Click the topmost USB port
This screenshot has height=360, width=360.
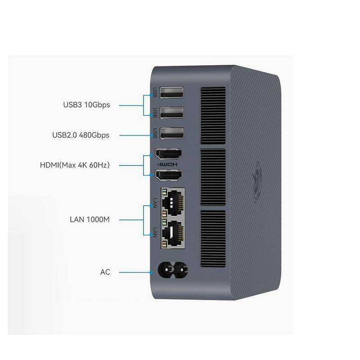(x=171, y=92)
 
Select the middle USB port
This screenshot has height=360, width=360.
(x=171, y=112)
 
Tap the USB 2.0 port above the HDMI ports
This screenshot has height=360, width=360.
(x=171, y=133)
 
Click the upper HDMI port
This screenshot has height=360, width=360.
(x=168, y=153)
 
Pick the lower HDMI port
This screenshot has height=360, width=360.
(x=168, y=175)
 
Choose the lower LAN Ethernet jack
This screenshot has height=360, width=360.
(x=173, y=233)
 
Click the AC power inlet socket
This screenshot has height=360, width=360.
(x=172, y=270)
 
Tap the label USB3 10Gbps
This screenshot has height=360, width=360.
(x=86, y=105)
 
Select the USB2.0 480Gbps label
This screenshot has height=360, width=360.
(x=81, y=135)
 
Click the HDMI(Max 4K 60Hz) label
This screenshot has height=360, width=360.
(x=75, y=165)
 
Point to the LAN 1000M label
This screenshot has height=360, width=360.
(x=90, y=220)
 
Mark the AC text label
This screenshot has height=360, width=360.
(x=105, y=272)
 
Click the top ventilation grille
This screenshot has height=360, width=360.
(x=213, y=116)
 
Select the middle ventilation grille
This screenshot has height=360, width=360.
(x=213, y=177)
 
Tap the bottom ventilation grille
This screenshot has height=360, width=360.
(x=213, y=238)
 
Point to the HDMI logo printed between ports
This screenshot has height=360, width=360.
(x=167, y=164)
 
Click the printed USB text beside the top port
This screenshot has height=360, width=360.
(x=155, y=93)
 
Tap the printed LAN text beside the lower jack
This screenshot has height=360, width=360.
(x=155, y=232)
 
